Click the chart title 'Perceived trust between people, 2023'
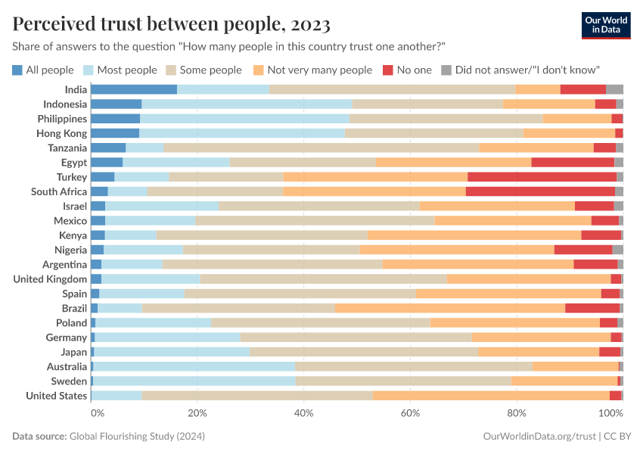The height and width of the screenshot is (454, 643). tap(171, 24)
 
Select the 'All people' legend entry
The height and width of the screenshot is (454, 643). tap(43, 70)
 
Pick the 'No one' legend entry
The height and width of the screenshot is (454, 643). tap(407, 70)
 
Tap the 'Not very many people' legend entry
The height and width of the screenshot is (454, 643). tap(312, 70)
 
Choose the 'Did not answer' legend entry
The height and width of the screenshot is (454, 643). tap(520, 70)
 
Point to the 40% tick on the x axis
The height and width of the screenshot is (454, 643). tap(303, 413)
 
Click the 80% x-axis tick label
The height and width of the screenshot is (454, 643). tap(516, 413)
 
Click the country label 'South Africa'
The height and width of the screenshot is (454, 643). tap(59, 191)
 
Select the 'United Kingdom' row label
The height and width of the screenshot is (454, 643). tap(50, 279)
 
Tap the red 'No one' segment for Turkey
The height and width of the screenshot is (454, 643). tap(542, 177)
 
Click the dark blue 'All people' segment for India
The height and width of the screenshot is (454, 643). tap(134, 89)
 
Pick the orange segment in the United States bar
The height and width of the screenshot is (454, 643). tap(491, 396)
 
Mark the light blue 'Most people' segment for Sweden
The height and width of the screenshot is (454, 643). tap(194, 381)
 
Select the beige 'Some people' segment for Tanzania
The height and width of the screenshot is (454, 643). tap(321, 148)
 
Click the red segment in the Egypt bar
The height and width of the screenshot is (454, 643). tap(573, 163)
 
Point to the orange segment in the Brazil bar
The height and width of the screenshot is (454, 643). tap(450, 308)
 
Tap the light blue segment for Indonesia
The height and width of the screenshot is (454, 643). tap(247, 104)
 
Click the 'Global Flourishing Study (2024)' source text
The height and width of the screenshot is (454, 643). tap(137, 437)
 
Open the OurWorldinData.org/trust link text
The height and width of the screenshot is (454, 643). tap(539, 437)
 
